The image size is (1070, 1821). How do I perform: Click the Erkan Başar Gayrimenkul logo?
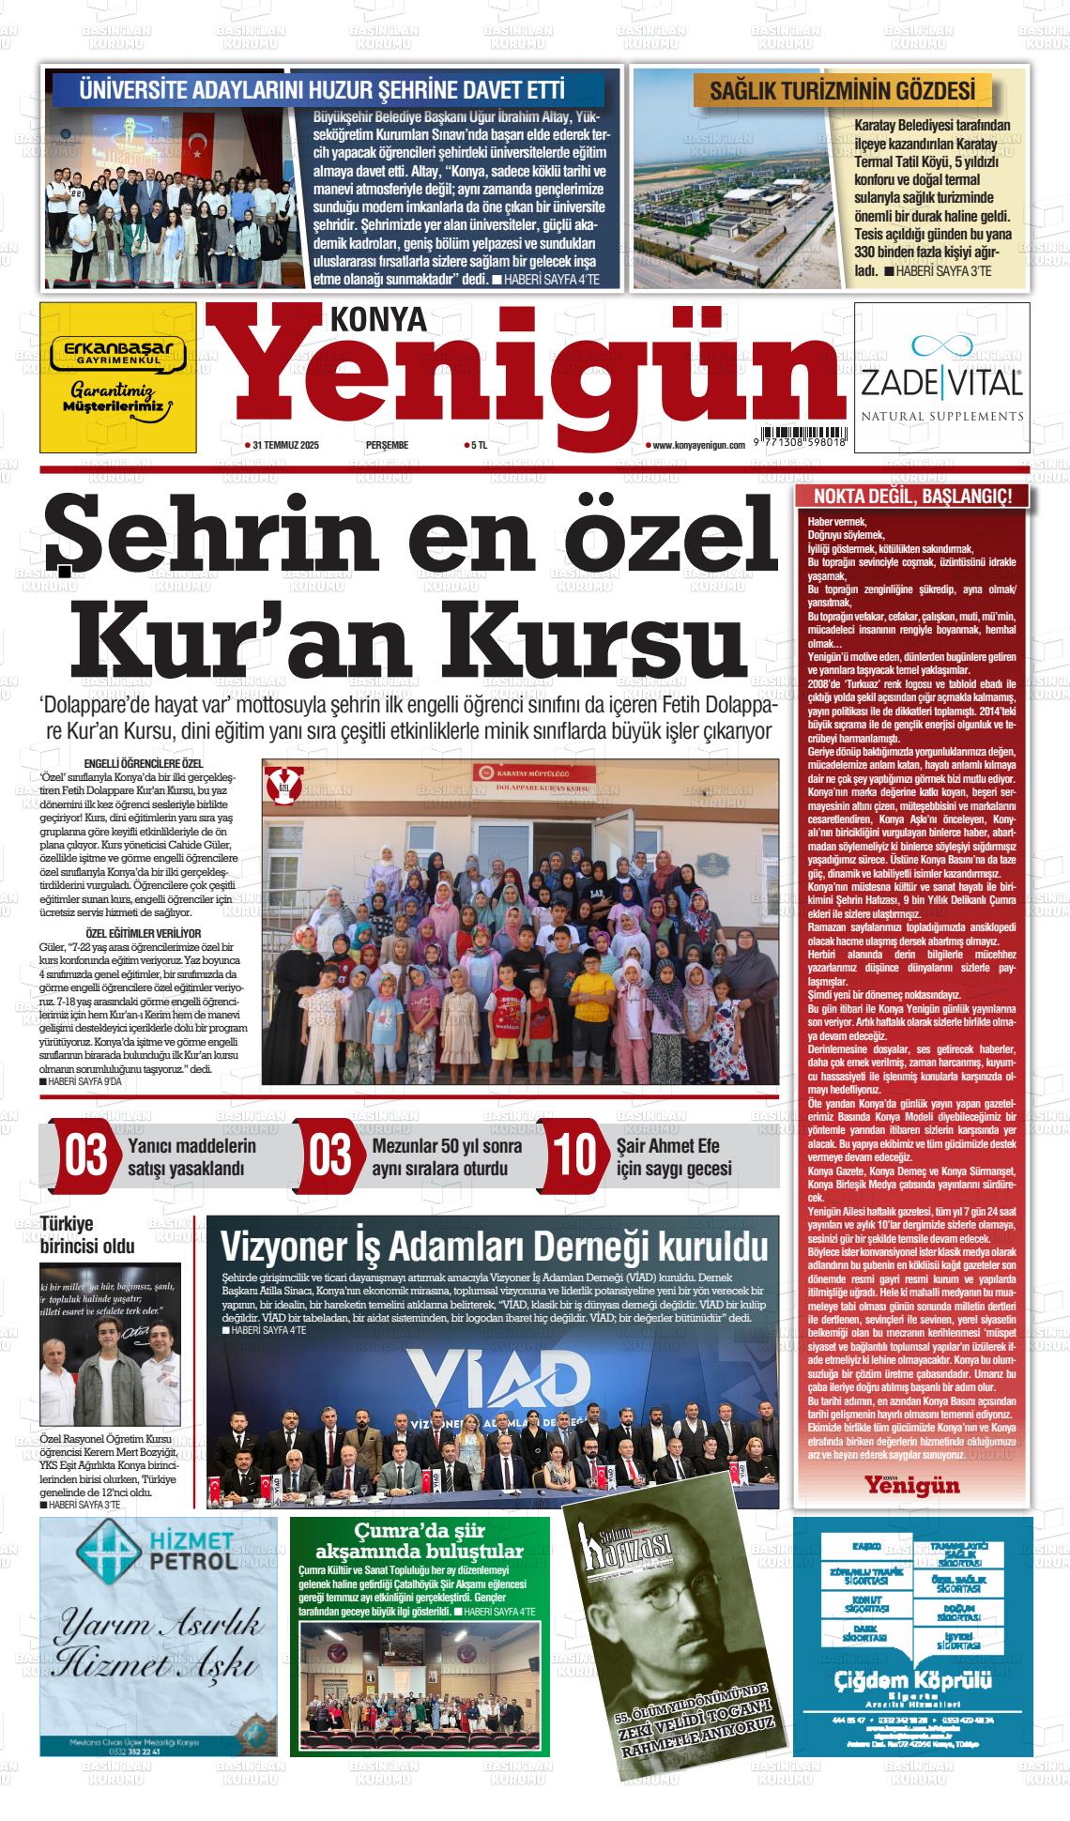tap(118, 353)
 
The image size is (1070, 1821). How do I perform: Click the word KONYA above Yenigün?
tap(378, 322)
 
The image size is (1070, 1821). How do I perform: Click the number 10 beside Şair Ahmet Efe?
tap(574, 1155)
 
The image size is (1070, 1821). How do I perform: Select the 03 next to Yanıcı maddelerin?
tap(85, 1155)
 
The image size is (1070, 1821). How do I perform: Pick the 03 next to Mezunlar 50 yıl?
tap(330, 1155)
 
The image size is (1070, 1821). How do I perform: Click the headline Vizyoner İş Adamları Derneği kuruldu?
tap(494, 1247)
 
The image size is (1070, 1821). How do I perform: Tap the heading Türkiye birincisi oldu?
tap(87, 1236)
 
